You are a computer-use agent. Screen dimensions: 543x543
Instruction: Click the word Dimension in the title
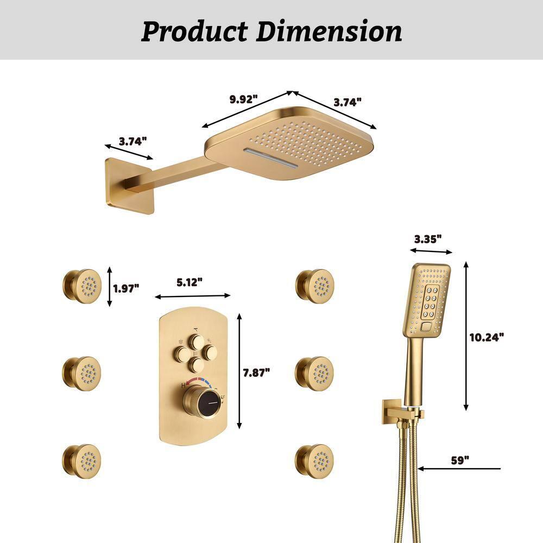pos(329,31)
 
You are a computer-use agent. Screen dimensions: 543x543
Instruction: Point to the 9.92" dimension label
pos(243,99)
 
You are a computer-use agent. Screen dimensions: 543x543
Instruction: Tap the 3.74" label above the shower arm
pos(133,141)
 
